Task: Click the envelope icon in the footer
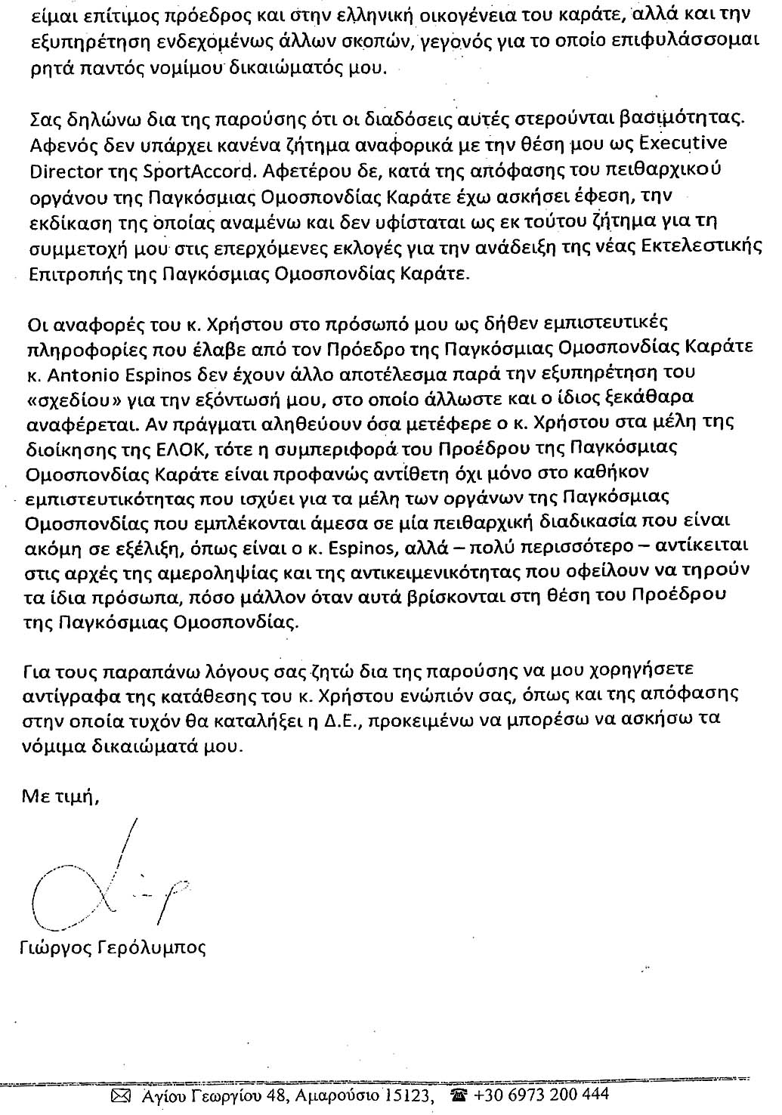pos(120,1095)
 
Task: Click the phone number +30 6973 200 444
pos(540,1094)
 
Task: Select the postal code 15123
pos(408,1094)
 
